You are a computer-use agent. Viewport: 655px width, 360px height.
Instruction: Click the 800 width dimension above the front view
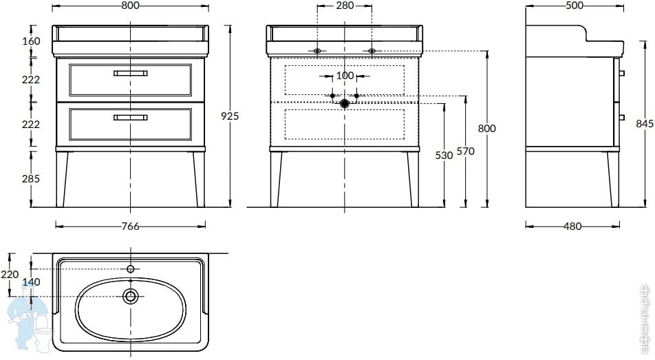pyautogui.click(x=130, y=6)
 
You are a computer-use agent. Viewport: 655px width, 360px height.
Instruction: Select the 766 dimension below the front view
pyautogui.click(x=130, y=226)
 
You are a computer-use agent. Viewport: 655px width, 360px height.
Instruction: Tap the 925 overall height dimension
pyautogui.click(x=230, y=116)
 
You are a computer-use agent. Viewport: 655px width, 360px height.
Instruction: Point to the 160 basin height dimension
pyautogui.click(x=31, y=41)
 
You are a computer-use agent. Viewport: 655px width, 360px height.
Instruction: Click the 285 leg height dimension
pyautogui.click(x=31, y=178)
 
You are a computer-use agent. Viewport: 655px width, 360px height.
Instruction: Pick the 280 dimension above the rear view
pyautogui.click(x=345, y=6)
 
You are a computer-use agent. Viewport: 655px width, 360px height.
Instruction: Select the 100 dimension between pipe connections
pyautogui.click(x=345, y=76)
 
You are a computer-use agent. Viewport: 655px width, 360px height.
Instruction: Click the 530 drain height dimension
pyautogui.click(x=444, y=155)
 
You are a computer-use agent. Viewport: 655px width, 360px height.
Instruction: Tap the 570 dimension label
pyautogui.click(x=465, y=151)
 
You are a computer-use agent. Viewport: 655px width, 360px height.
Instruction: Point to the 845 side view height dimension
pyautogui.click(x=645, y=123)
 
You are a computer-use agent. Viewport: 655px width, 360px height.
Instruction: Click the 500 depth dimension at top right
pyautogui.click(x=575, y=6)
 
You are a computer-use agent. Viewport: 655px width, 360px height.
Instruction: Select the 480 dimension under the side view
pyautogui.click(x=572, y=226)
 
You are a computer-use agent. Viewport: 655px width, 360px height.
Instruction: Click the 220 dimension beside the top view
pyautogui.click(x=9, y=274)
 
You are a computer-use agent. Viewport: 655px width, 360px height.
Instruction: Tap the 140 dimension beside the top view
pyautogui.click(x=31, y=282)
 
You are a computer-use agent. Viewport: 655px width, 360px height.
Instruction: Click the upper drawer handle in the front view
pyautogui.click(x=130, y=73)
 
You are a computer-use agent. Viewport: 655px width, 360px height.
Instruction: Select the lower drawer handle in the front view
pyautogui.click(x=130, y=118)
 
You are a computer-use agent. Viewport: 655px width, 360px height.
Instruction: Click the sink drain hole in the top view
pyautogui.click(x=131, y=297)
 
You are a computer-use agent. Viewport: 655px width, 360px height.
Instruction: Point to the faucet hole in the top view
pyautogui.click(x=131, y=269)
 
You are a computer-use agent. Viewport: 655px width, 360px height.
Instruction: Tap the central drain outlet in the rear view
pyautogui.click(x=344, y=103)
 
